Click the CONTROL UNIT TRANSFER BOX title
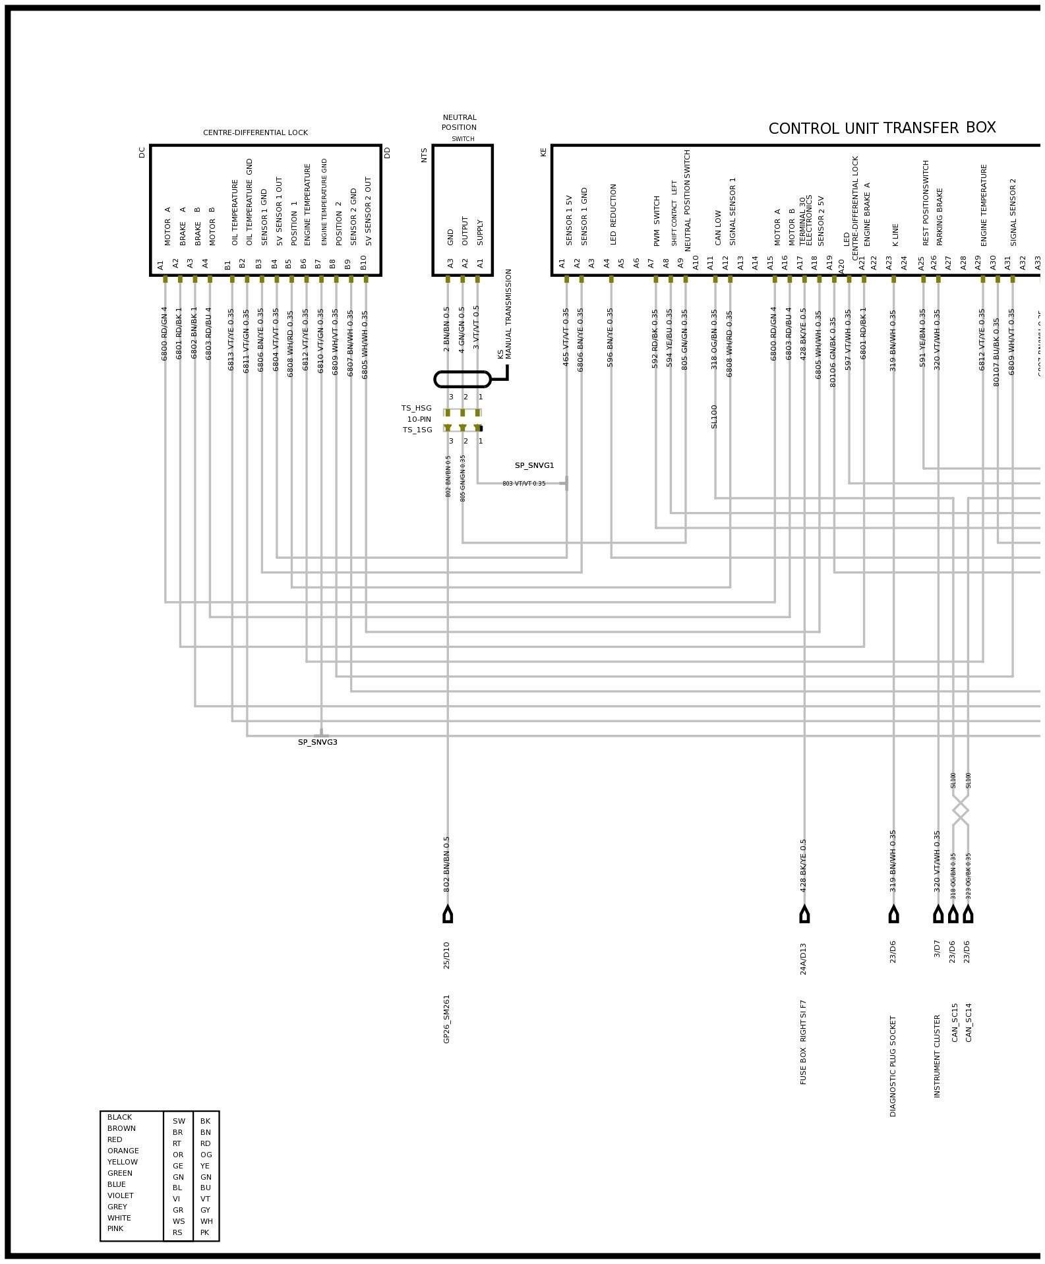(x=881, y=128)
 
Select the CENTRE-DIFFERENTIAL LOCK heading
(x=255, y=132)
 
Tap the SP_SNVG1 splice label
(x=534, y=465)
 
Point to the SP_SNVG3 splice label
(x=317, y=742)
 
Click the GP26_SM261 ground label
(x=446, y=1018)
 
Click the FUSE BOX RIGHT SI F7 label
(x=804, y=1042)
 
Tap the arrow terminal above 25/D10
(x=448, y=914)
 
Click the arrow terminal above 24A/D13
(x=804, y=914)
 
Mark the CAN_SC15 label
(x=955, y=1022)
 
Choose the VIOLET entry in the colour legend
(x=120, y=1195)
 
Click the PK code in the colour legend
(x=205, y=1232)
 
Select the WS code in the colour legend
(x=179, y=1221)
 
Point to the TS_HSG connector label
(x=416, y=408)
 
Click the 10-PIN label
(x=419, y=419)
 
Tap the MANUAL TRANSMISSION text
(x=509, y=314)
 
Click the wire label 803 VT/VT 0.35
(x=523, y=484)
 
